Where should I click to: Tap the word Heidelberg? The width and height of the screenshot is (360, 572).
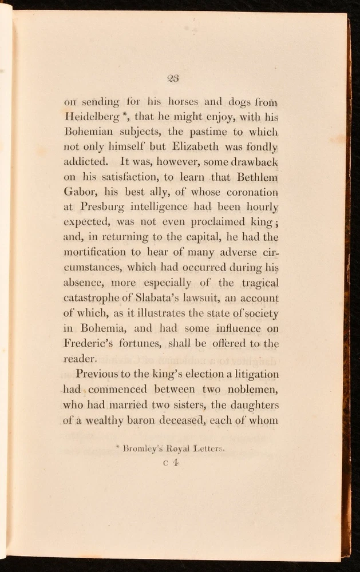coord(93,117)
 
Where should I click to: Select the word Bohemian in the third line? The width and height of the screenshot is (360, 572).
coord(89,132)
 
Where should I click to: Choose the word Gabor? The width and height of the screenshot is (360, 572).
coord(78,192)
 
